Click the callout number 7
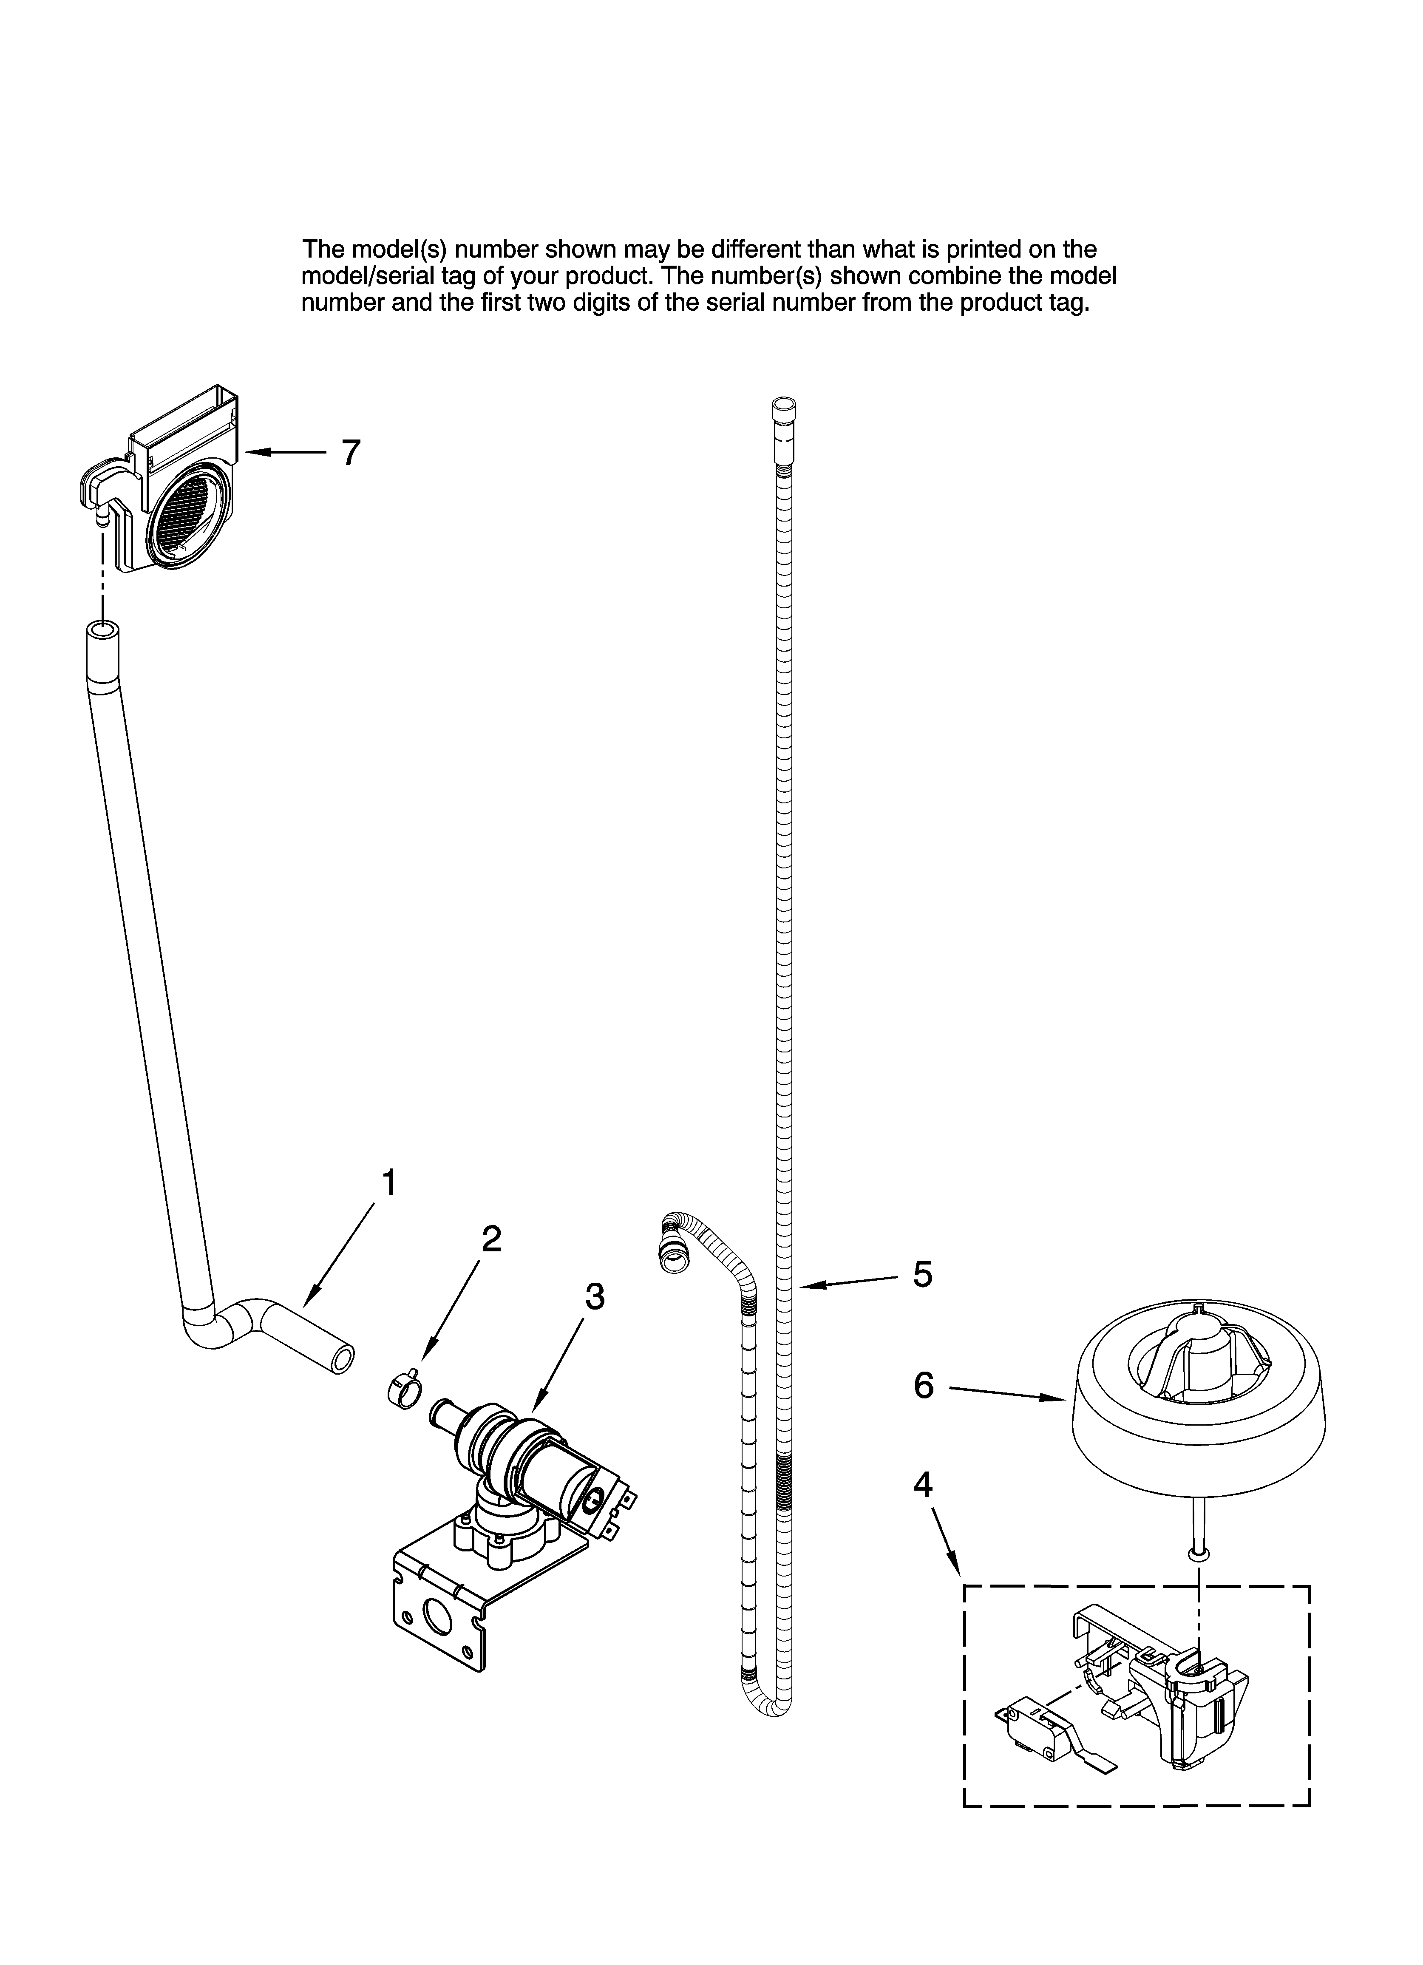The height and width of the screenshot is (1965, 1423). (x=350, y=453)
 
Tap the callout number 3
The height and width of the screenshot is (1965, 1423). (x=595, y=1296)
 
